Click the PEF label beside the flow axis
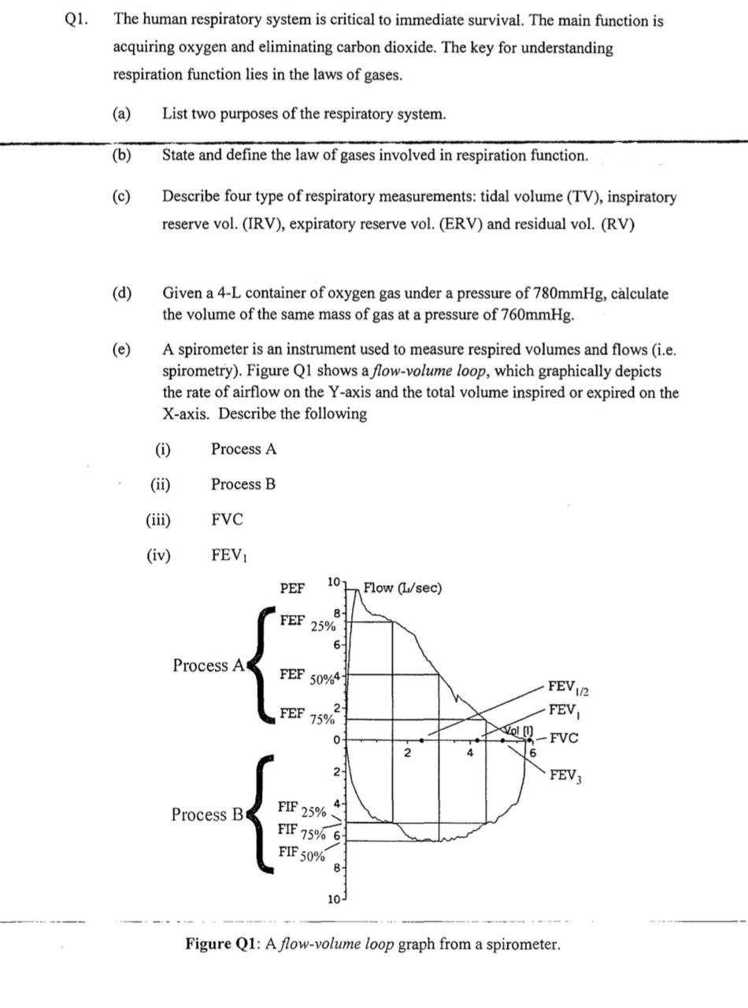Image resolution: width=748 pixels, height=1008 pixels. [291, 588]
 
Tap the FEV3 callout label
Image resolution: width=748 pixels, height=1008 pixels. [565, 775]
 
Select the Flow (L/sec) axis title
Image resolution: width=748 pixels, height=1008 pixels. [402, 588]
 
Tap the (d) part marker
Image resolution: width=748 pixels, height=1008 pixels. [122, 294]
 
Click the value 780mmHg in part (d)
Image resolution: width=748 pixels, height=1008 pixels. [568, 294]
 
